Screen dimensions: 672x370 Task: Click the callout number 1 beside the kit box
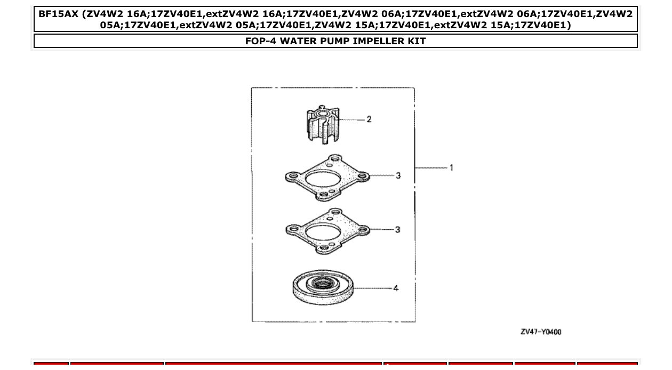coord(451,168)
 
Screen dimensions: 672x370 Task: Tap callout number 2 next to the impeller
coord(369,119)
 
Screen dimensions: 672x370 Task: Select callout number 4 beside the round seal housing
coord(396,288)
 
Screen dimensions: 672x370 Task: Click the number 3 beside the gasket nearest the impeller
coord(398,175)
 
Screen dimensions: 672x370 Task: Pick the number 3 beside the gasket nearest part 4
coord(398,230)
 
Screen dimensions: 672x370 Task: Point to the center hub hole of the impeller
coord(323,114)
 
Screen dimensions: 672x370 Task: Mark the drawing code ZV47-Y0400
coord(541,332)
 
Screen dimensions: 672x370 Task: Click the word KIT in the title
coord(416,41)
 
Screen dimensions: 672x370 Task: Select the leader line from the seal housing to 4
coord(373,288)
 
